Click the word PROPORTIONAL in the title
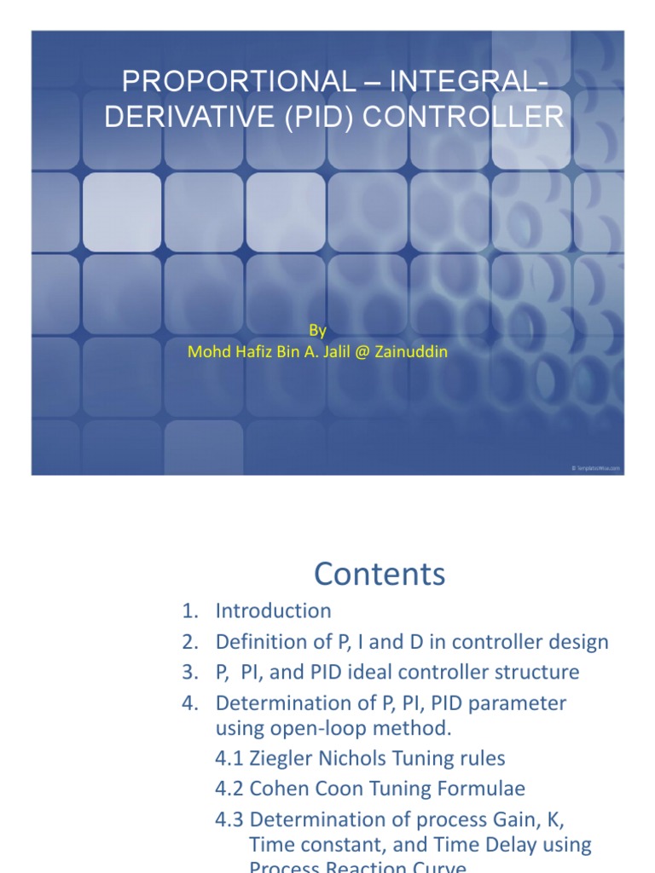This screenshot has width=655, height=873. tap(237, 82)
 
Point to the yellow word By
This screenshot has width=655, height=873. tap(316, 331)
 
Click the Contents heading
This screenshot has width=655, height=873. tap(380, 574)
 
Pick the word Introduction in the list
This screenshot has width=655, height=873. tap(273, 610)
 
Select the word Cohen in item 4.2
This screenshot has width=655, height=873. tap(276, 789)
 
